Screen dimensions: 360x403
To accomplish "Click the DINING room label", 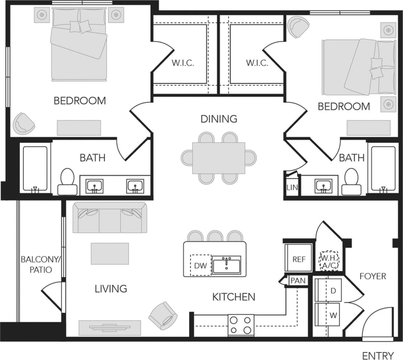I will [x=219, y=119].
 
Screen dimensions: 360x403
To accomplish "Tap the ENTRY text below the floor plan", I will [x=378, y=356].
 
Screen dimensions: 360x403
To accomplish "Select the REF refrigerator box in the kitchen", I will [x=299, y=259].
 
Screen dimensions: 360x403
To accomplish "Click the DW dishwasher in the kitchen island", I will [x=200, y=265].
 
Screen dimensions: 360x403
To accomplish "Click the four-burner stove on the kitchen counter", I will [x=241, y=325].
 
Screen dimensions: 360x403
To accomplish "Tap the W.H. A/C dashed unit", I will [x=329, y=261].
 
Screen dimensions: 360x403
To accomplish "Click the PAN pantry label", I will [x=298, y=280].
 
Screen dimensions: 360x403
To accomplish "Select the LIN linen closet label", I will [x=292, y=187].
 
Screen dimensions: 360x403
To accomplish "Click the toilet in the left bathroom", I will [x=67, y=181].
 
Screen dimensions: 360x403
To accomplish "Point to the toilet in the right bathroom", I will [x=351, y=181].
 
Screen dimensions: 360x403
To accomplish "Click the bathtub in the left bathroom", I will [x=35, y=168].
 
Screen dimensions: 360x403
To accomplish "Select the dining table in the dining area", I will [x=219, y=158].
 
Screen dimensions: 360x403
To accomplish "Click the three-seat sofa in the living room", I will [x=110, y=218].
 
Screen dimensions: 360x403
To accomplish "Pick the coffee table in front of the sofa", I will [x=110, y=254].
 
